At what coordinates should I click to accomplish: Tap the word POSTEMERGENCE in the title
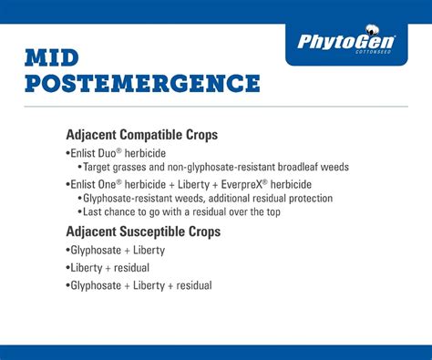[142, 85]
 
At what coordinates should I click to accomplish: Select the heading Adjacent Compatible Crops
[141, 135]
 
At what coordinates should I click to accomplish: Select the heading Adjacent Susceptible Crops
[143, 231]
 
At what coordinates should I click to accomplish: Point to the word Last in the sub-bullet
[94, 212]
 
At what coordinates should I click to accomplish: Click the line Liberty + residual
[109, 267]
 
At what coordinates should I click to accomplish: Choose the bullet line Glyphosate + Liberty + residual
[140, 285]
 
